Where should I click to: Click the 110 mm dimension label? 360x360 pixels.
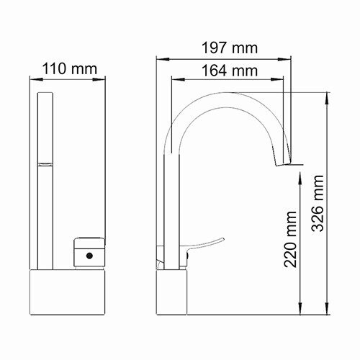(x=70, y=69)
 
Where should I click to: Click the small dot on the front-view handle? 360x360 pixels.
(x=88, y=256)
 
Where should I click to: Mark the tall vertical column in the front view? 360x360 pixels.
(x=45, y=180)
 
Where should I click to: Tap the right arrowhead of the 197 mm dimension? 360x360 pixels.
(x=297, y=59)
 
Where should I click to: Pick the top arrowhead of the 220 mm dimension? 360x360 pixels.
(x=301, y=167)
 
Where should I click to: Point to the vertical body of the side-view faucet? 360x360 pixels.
(x=174, y=209)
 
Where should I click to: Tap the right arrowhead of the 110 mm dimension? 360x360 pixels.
(x=106, y=79)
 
